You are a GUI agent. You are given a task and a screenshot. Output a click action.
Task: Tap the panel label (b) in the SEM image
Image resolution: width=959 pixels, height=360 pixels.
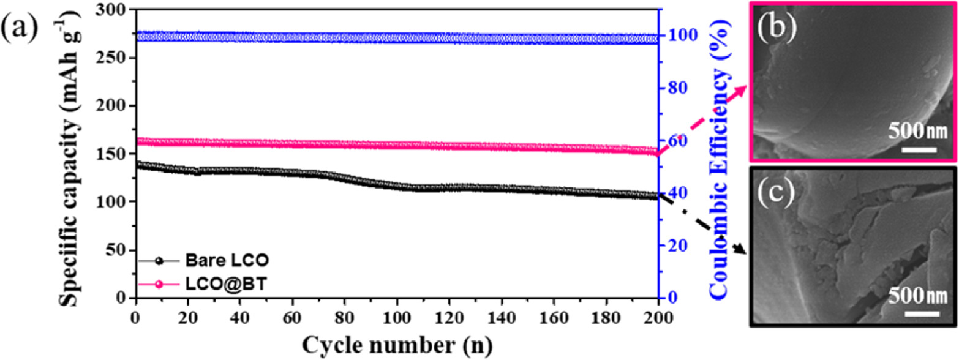click(x=776, y=28)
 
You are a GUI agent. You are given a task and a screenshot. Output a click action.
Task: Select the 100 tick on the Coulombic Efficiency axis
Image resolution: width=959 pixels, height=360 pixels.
click(x=676, y=36)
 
